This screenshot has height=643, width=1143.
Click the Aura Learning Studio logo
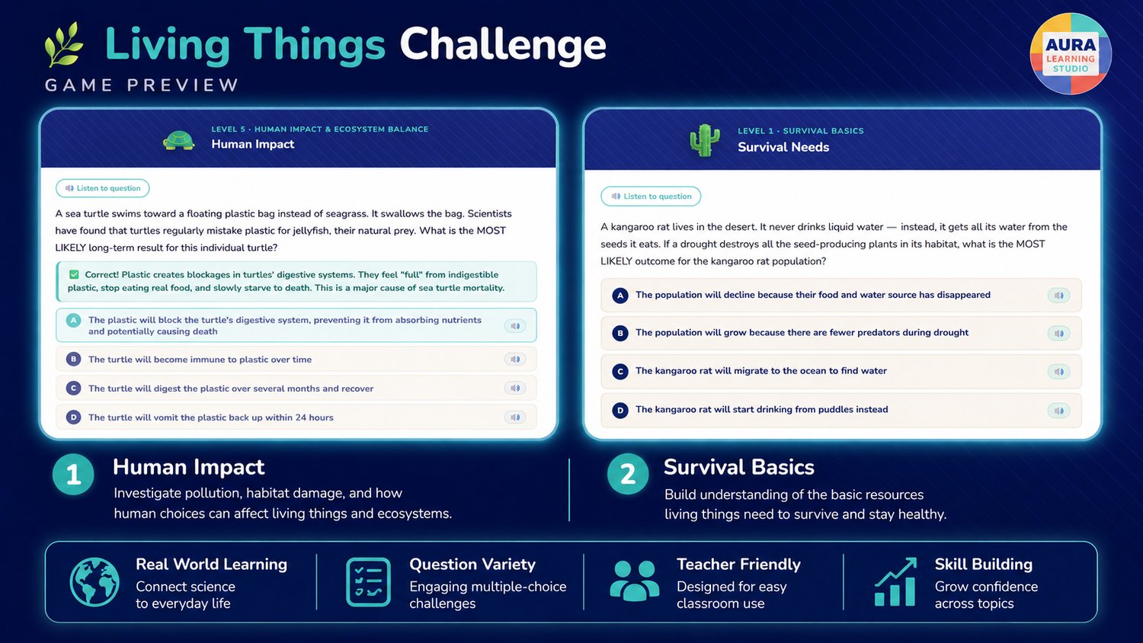pos(1071,53)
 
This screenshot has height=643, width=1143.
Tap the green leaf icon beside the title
pos(64,44)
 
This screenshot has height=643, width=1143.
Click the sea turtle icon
pos(178,140)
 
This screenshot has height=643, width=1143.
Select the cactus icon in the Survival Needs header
pos(705,140)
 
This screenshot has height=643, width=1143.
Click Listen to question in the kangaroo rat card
pos(651,197)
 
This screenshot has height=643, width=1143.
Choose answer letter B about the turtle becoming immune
pos(73,360)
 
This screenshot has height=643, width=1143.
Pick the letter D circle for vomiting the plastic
pos(73,417)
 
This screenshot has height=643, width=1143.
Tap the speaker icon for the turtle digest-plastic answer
pos(515,389)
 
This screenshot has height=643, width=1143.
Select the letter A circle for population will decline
pos(620,296)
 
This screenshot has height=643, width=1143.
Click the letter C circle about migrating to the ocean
pos(620,372)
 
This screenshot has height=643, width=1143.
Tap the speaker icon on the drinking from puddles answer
pos(1059,411)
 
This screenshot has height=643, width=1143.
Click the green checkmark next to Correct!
pos(74,274)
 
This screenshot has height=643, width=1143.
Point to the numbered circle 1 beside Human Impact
pos(73,475)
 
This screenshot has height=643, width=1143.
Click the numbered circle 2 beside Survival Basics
pos(628,474)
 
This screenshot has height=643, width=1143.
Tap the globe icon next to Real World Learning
pos(94,582)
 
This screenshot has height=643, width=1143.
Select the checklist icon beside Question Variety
pos(368,582)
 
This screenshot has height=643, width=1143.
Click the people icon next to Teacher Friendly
pos(634,581)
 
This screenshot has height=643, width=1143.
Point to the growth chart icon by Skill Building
pos(896,582)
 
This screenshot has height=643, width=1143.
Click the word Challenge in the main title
pos(503,45)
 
